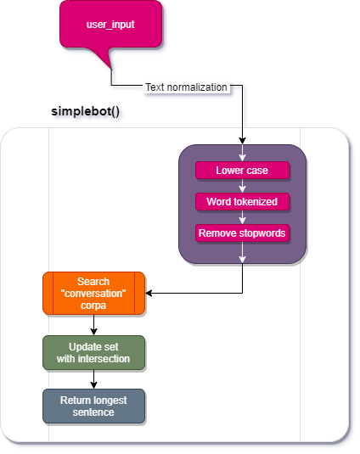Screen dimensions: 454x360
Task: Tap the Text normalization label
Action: click(186, 87)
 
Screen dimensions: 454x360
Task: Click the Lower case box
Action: click(242, 171)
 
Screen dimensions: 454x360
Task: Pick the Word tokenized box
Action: click(242, 202)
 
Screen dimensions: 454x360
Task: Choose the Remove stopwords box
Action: click(242, 233)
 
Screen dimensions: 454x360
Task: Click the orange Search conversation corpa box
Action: click(93, 293)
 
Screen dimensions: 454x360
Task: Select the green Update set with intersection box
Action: click(93, 352)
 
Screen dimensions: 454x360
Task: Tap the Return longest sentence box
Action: click(93, 406)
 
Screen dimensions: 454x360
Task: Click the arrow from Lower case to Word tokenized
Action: click(243, 186)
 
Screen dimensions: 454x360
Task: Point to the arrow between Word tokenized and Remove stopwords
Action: click(243, 217)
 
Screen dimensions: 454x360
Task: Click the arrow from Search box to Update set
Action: click(93, 324)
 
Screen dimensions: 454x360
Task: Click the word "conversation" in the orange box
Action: click(93, 293)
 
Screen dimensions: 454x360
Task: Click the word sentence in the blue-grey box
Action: click(93, 412)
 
